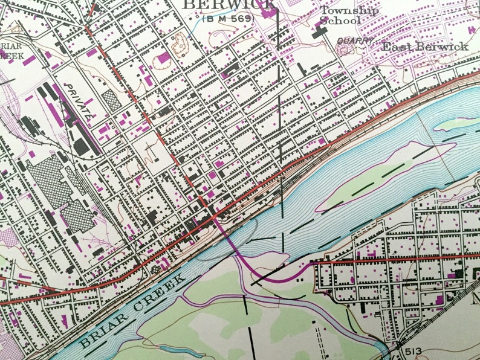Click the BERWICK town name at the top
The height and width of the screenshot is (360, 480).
coord(229,5)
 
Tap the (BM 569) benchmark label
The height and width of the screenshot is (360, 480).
coord(229,19)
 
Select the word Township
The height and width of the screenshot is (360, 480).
coord(349,10)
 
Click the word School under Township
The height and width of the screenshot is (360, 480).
coord(340,21)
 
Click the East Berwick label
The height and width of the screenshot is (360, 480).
coord(425,47)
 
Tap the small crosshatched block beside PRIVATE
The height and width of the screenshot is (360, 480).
coord(111,100)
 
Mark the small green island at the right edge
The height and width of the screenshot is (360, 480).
coord(456,124)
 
